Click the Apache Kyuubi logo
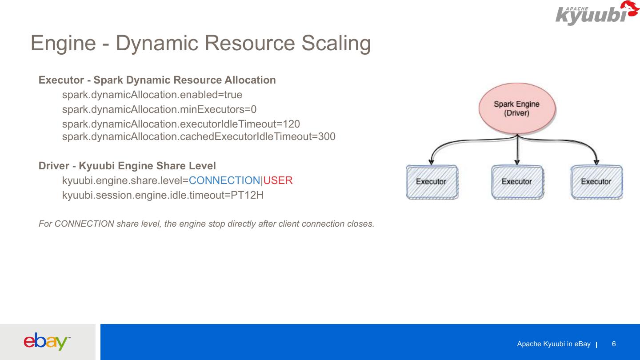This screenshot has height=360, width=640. pos(596,13)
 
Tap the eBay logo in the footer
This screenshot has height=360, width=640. pos(46,341)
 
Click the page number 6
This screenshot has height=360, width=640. pos(614,344)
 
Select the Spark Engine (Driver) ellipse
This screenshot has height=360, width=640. pos(516,108)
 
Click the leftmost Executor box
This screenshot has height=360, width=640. pos(431,182)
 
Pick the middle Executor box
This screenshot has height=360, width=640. pos(516,182)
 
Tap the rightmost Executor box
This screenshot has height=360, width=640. pos(596,182)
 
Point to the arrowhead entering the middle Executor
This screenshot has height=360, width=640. pos(516,162)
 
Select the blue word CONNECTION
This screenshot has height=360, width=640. pos(224,180)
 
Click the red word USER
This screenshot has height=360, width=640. pos(278,180)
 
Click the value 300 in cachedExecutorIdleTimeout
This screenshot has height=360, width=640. pos(327,136)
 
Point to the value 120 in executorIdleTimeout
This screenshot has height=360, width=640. pos(291,124)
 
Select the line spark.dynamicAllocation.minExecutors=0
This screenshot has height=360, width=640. pos(159,109)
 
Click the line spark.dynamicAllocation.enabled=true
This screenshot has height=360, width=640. pos(152,95)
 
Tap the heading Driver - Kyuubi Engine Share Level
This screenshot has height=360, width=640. pos(127,166)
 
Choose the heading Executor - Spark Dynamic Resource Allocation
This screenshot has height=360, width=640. pos(157,80)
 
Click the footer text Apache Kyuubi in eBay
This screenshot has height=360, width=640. pos(553,344)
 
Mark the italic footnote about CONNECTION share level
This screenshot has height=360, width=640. pos(206,224)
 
